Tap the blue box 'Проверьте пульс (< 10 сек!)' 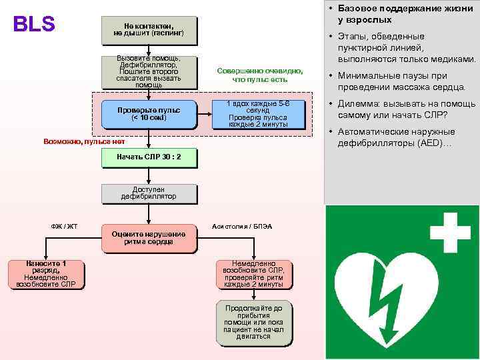pyautogui.click(x=149, y=114)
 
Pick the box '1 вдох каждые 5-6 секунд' pyautogui.click(x=258, y=114)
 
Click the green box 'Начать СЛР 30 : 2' pyautogui.click(x=149, y=158)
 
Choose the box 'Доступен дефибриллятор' pyautogui.click(x=149, y=193)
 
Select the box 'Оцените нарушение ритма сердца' pyautogui.click(x=149, y=238)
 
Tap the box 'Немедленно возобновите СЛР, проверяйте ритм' pyautogui.click(x=258, y=274)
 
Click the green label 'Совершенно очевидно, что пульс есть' pyautogui.click(x=259, y=75)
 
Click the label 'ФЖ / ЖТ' pyautogui.click(x=65, y=227)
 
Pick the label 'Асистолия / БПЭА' pyautogui.click(x=242, y=227)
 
